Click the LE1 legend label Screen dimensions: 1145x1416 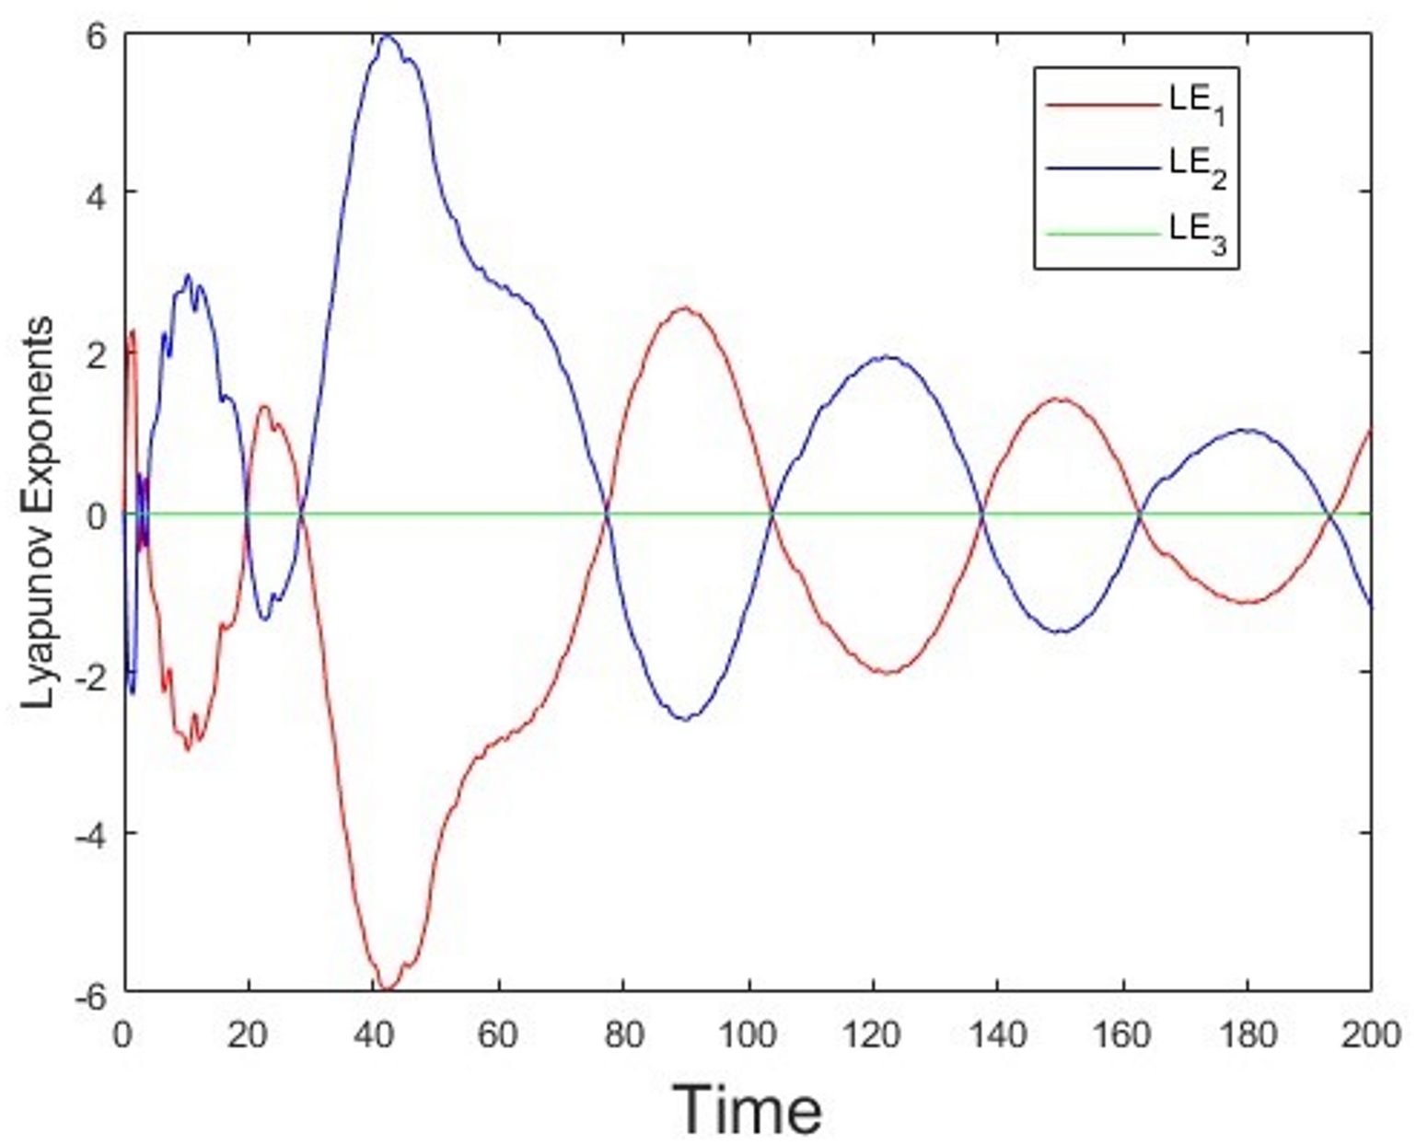pyautogui.click(x=1198, y=105)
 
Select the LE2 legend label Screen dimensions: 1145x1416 pyautogui.click(x=1198, y=168)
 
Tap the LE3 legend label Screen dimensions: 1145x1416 pyautogui.click(x=1198, y=234)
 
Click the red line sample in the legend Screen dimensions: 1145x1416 pyautogui.click(x=1101, y=104)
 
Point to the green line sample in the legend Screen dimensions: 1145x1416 pyautogui.click(x=1101, y=234)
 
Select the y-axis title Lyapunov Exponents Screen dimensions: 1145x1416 pyautogui.click(x=39, y=512)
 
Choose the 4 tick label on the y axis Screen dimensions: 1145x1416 pyautogui.click(x=97, y=192)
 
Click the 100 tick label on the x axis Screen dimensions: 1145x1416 pyautogui.click(x=748, y=1035)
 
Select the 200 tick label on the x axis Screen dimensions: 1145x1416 pyautogui.click(x=1370, y=1035)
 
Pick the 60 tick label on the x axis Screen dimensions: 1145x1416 pyautogui.click(x=498, y=1035)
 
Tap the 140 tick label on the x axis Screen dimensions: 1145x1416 pyautogui.click(x=997, y=1035)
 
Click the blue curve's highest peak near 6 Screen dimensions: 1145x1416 pyautogui.click(x=387, y=36)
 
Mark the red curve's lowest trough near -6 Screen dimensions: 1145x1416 pyautogui.click(x=387, y=989)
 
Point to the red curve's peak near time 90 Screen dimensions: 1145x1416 pyautogui.click(x=685, y=308)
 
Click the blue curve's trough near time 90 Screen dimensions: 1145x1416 pyautogui.click(x=685, y=718)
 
